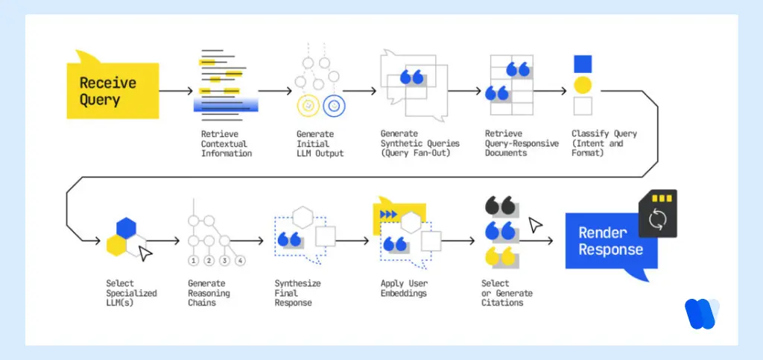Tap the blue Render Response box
608,241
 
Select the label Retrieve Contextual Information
227,144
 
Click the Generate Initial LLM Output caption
320,144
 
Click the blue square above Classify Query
583,64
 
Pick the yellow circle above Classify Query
583,84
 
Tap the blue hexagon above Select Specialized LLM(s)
124,228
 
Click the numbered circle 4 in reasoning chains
240,261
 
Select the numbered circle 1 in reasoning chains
193,261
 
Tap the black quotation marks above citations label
499,206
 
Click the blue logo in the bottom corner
701,314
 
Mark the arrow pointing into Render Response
538,241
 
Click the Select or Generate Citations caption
507,293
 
